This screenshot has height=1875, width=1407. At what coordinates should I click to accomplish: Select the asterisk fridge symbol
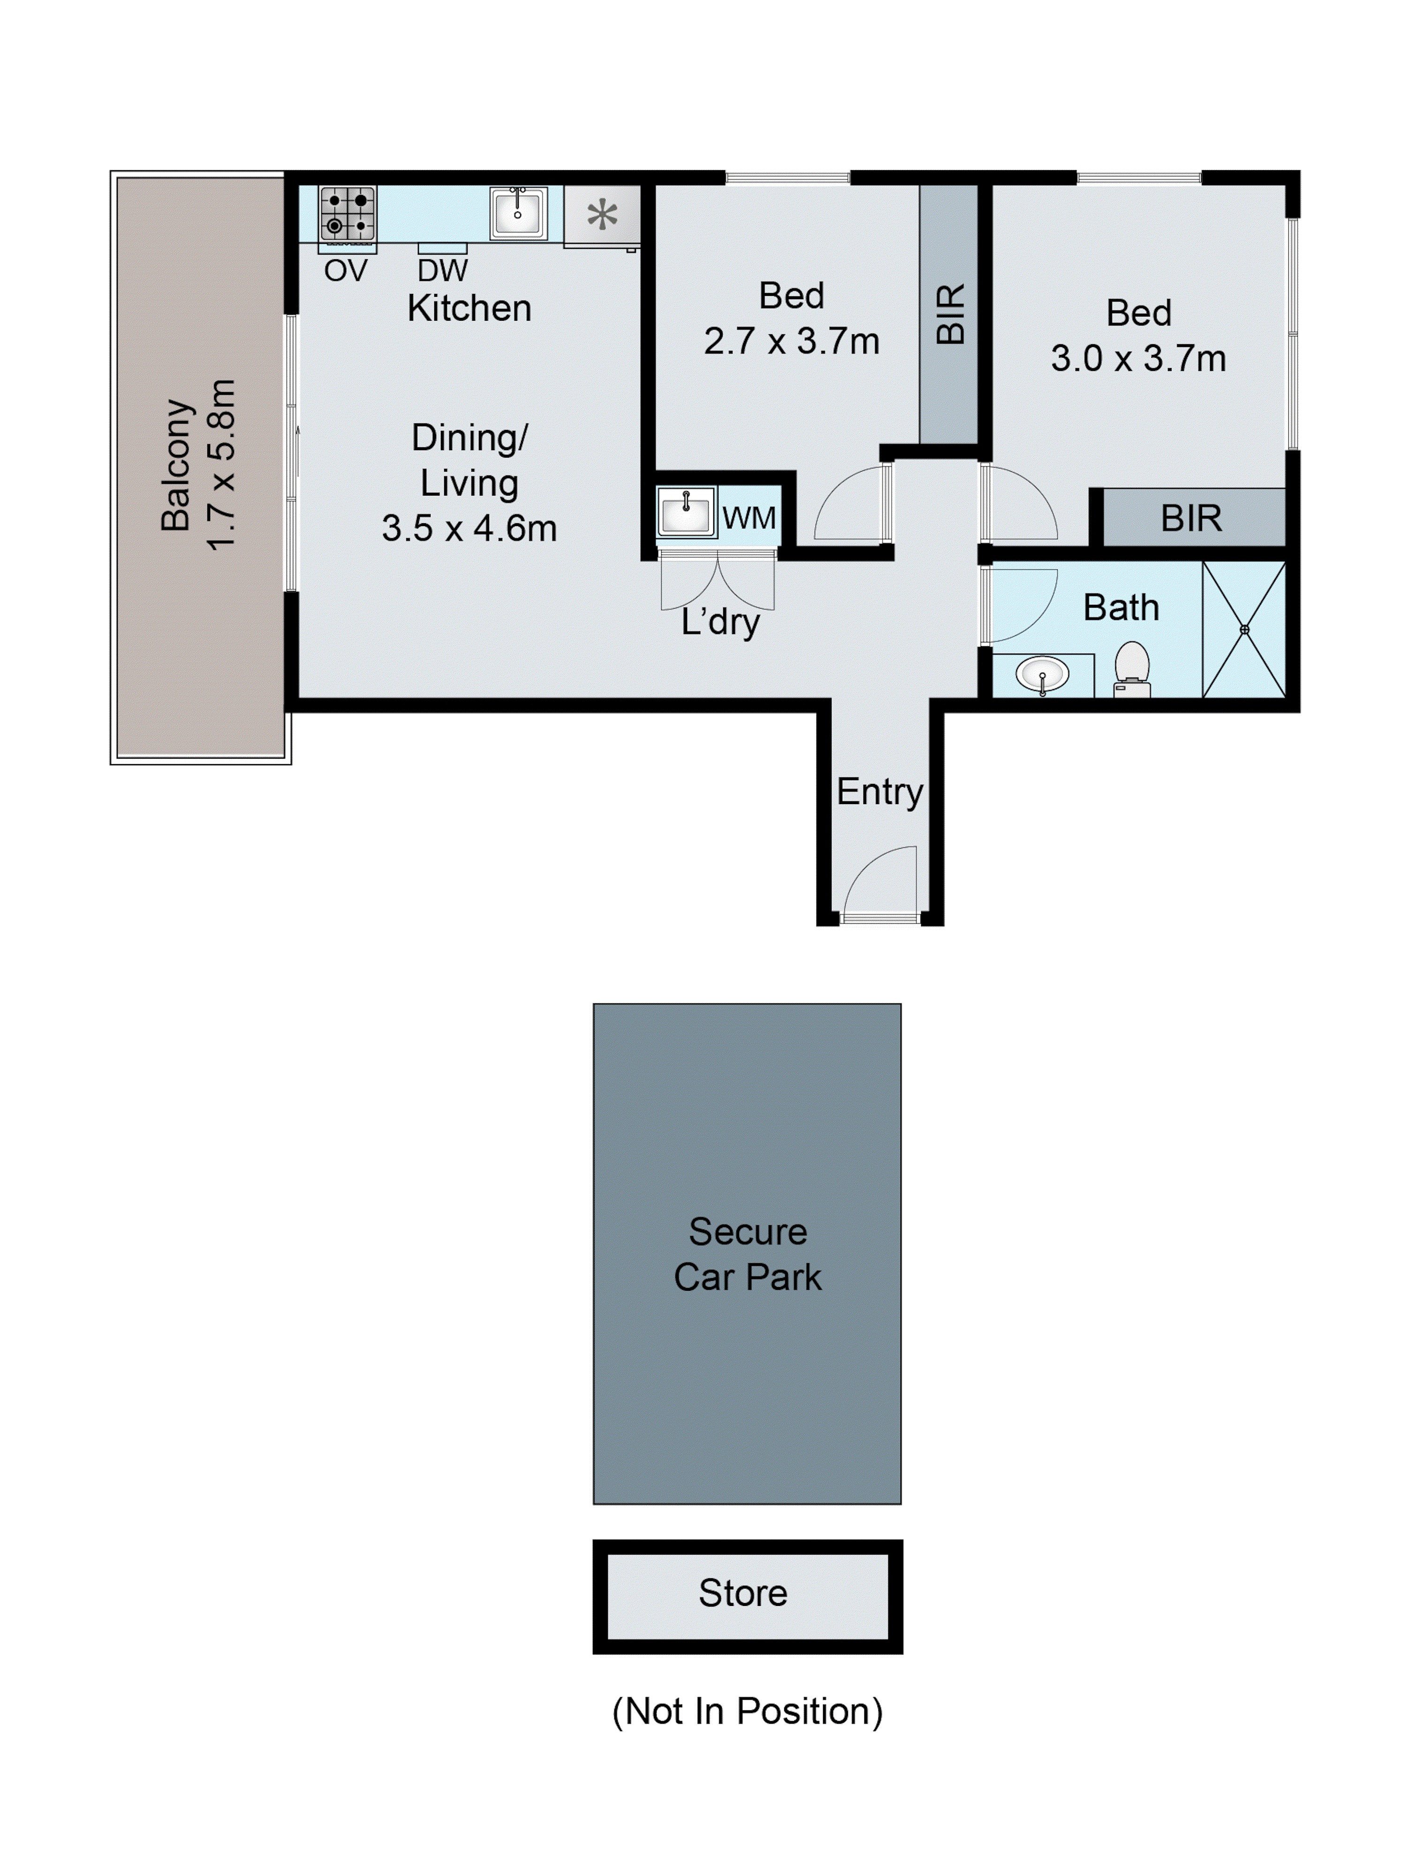point(602,214)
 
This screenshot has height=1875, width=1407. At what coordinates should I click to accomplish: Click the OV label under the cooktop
point(345,271)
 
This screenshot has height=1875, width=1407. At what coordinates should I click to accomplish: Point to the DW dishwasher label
point(442,271)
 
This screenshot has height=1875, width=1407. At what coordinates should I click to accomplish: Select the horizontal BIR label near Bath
point(1191,518)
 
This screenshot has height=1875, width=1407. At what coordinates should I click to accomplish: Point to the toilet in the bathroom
point(1131,668)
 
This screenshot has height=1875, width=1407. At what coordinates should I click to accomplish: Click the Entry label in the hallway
point(879,792)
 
